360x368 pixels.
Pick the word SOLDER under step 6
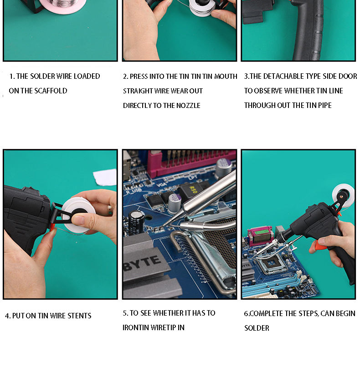(257, 328)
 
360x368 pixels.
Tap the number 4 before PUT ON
(7, 316)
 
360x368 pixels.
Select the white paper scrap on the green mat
(105, 177)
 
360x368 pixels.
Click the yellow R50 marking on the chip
(193, 189)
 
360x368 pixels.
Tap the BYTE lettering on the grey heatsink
(143, 263)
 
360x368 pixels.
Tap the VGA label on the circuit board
(161, 185)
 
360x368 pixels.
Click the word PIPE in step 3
(325, 105)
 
